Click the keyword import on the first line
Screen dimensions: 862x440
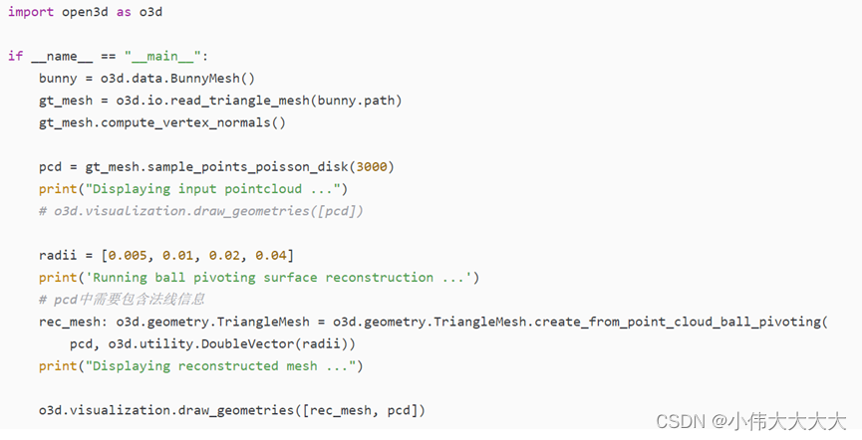pyautogui.click(x=31, y=12)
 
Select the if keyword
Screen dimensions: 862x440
pyautogui.click(x=15, y=56)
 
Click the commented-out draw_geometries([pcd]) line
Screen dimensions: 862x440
pyautogui.click(x=200, y=210)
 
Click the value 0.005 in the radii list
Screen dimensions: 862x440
pyautogui.click(x=129, y=255)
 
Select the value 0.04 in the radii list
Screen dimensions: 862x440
pyautogui.click(x=270, y=255)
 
